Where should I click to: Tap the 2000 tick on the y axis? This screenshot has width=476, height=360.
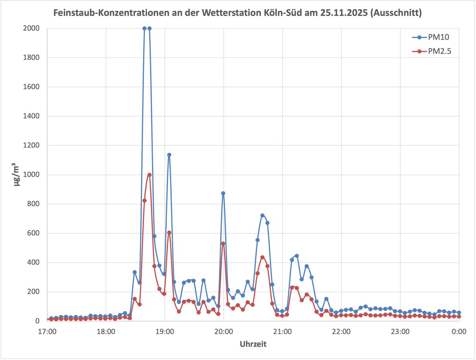click(x=31, y=28)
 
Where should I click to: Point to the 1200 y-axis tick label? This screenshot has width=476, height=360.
click(x=31, y=145)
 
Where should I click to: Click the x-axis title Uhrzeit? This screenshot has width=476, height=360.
click(x=253, y=344)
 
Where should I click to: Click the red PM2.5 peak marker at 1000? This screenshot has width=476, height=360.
click(x=150, y=175)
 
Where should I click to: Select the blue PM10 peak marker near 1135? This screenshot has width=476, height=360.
click(x=169, y=155)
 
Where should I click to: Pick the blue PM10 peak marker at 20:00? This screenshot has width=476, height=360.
click(x=223, y=193)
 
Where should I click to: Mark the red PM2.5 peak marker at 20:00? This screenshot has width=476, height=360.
click(x=223, y=243)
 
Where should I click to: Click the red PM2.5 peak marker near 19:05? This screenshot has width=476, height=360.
click(x=169, y=233)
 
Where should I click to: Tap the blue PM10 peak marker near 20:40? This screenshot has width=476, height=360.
click(x=262, y=215)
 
